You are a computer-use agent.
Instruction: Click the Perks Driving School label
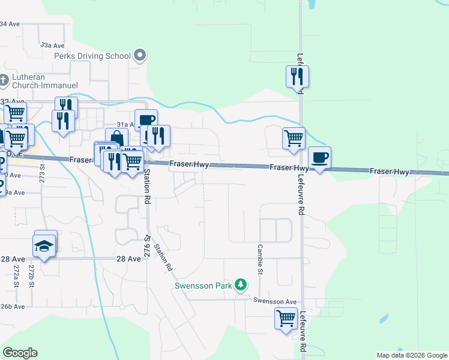(x=92, y=56)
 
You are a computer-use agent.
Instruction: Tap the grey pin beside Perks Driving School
(x=140, y=56)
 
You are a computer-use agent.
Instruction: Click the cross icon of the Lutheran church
(x=4, y=79)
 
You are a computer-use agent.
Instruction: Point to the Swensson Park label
(x=203, y=286)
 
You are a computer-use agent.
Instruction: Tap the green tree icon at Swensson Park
(x=241, y=284)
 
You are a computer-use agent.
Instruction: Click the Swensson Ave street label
(x=275, y=301)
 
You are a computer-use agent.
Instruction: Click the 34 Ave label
(x=11, y=24)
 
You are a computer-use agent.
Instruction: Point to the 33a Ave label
(x=52, y=45)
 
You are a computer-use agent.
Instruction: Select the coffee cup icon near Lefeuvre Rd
(x=319, y=158)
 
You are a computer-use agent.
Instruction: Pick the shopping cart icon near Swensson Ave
(x=286, y=317)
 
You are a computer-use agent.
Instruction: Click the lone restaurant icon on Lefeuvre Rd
(x=297, y=76)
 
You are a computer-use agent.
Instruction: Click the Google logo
(x=20, y=353)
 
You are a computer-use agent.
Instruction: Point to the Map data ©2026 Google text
(x=412, y=355)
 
